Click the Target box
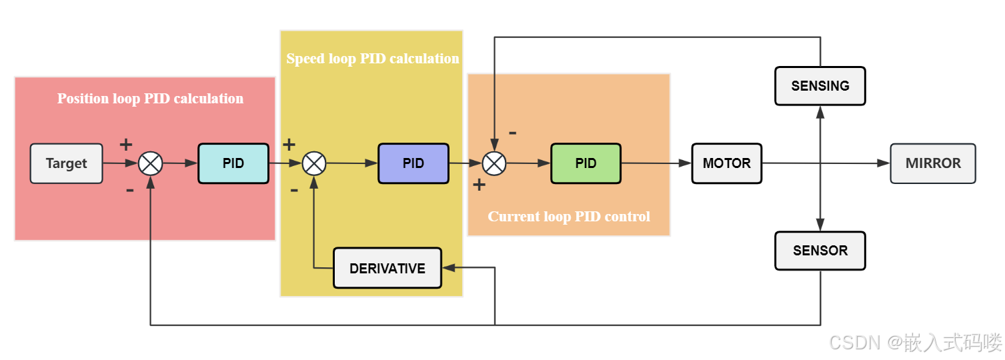click(66, 163)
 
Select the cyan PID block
click(233, 163)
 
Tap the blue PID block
click(413, 163)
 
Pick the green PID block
click(586, 163)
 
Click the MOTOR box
click(726, 163)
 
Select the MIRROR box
click(932, 163)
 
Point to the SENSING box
click(820, 86)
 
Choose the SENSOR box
click(820, 251)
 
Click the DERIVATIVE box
click(387, 268)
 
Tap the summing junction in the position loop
click(150, 163)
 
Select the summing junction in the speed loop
click(314, 163)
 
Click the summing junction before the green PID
click(494, 163)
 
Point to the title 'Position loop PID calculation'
click(150, 99)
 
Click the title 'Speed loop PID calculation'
click(372, 59)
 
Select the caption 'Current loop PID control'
click(568, 217)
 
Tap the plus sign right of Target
click(125, 144)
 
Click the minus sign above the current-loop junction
click(512, 133)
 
